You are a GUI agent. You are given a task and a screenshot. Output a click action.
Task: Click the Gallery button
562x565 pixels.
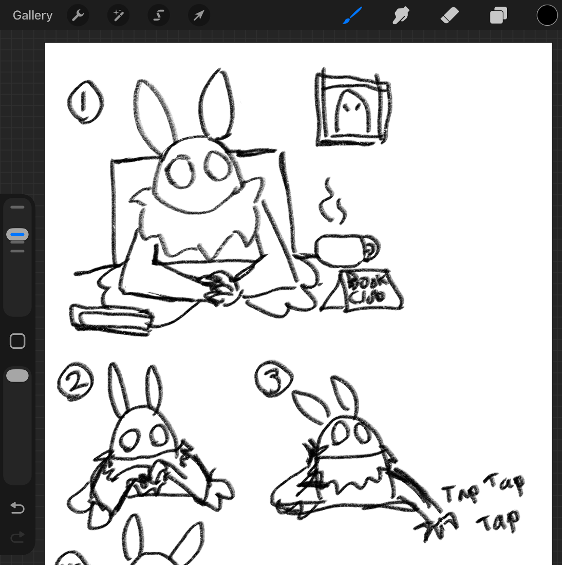tap(32, 15)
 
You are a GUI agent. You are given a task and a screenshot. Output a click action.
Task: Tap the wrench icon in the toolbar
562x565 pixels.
tap(78, 15)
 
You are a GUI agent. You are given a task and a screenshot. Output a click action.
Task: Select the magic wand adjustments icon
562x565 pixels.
tap(118, 15)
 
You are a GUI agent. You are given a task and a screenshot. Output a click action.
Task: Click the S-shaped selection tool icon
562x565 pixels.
tap(159, 15)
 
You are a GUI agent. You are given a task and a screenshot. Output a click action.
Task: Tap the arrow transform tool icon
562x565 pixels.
tap(199, 15)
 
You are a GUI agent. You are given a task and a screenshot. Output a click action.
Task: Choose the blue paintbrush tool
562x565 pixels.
tap(352, 15)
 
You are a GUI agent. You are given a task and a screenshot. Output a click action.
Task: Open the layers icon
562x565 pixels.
tap(498, 15)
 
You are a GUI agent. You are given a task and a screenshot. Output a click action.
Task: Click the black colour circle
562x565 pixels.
tap(547, 15)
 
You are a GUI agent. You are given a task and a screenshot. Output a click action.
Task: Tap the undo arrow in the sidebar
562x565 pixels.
tap(17, 507)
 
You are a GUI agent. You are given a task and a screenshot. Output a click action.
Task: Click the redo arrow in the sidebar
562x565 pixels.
tap(17, 537)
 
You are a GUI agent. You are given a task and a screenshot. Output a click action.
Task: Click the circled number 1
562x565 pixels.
tap(85, 102)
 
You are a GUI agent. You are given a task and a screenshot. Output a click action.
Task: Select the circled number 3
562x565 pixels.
tap(274, 379)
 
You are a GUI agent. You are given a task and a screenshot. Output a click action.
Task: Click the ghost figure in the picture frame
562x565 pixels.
tap(352, 111)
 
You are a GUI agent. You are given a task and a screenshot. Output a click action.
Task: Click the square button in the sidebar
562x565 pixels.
tap(17, 341)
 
